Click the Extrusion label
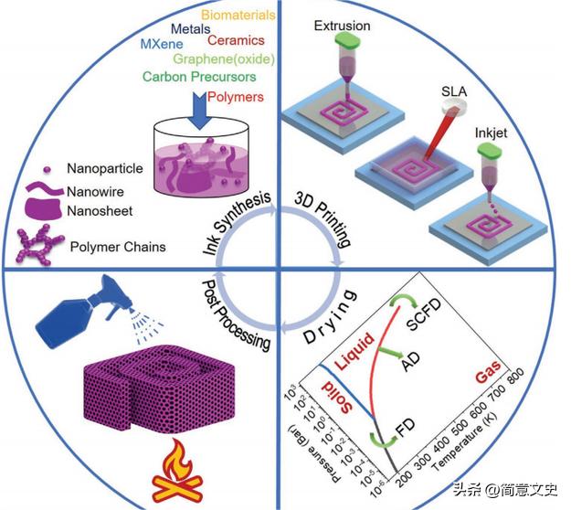tap(344, 26)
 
